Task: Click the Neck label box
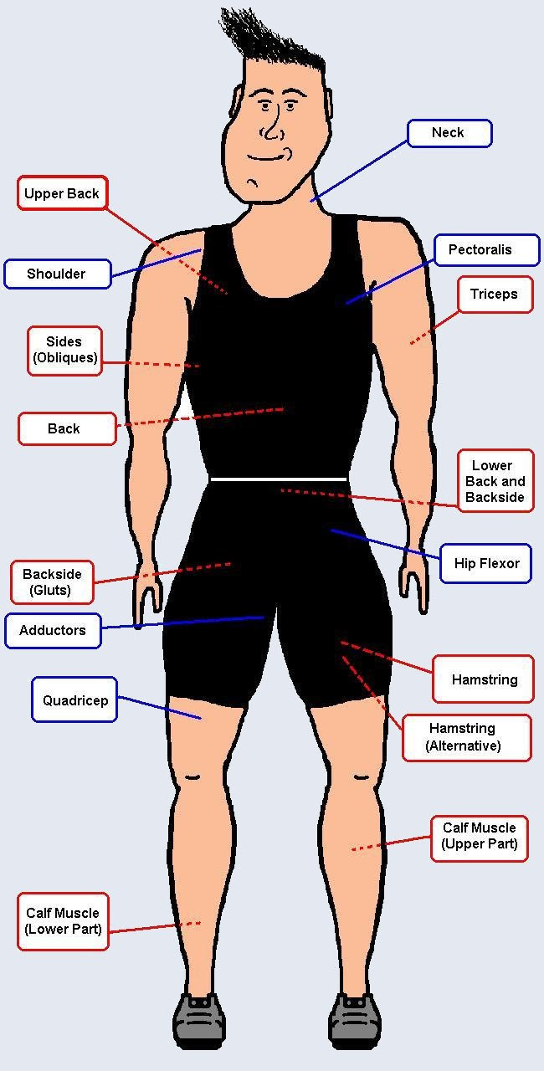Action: (449, 133)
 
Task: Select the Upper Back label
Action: (62, 192)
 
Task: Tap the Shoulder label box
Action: (58, 274)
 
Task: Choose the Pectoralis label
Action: (486, 249)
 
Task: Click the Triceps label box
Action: (495, 294)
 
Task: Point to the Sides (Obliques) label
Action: (64, 351)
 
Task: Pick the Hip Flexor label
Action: (485, 563)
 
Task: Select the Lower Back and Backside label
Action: (495, 480)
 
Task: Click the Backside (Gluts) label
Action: (52, 582)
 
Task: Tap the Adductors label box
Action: (53, 630)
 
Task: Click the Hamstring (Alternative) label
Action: (466, 738)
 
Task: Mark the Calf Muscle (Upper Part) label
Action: (479, 838)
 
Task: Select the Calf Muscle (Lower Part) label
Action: (63, 921)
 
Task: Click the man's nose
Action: (271, 126)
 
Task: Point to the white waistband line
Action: (279, 479)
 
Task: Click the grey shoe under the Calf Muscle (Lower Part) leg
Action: (199, 1022)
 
